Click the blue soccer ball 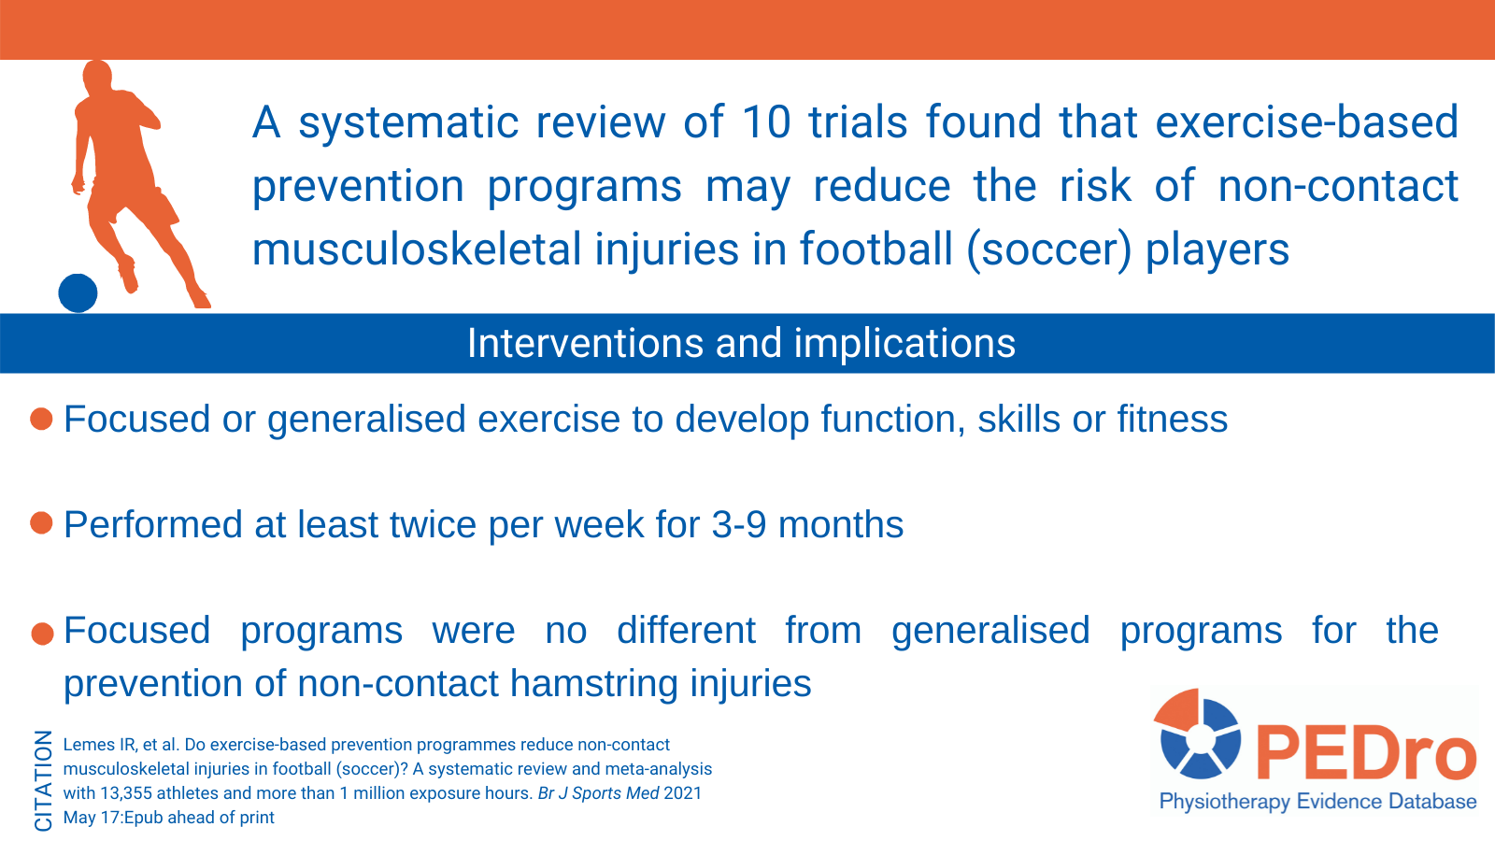78,293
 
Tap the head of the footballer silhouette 97,76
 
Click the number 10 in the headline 766,122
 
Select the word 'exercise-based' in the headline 1307,122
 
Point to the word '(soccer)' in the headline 1049,249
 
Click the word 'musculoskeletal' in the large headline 417,249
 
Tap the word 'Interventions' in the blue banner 585,343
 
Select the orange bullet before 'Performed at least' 41,523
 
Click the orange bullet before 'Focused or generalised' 41,420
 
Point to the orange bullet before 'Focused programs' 42,634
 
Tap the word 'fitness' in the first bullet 1173,420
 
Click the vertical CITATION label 43,781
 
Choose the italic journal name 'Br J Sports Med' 599,793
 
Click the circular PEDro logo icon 1197,734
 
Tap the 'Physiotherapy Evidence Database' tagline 1317,802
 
